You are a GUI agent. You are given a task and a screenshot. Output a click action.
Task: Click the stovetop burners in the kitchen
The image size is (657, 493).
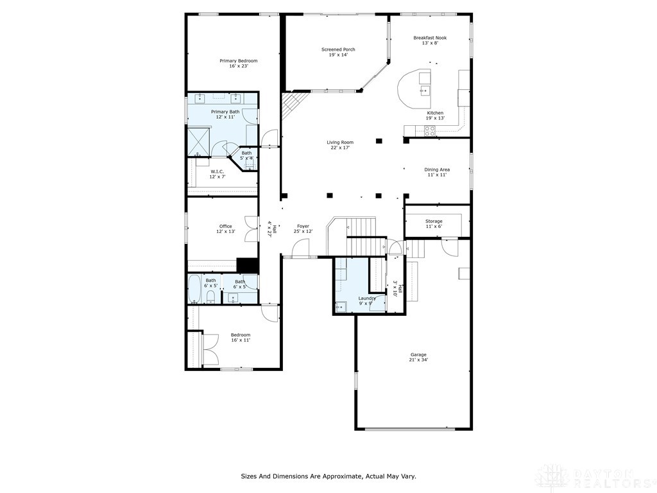click(x=429, y=130)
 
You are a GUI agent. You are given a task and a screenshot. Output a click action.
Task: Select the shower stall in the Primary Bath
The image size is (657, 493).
click(x=199, y=141)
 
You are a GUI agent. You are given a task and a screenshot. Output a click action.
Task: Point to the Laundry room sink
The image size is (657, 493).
click(x=341, y=306)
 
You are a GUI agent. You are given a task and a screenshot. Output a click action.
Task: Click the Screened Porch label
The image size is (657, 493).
click(x=338, y=49)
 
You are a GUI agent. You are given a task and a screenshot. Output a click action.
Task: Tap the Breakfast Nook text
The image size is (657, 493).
click(x=430, y=38)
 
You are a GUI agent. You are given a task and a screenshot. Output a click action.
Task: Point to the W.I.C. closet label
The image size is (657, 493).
click(x=217, y=171)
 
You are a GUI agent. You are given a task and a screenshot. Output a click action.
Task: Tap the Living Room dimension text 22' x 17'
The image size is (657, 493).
click(x=340, y=148)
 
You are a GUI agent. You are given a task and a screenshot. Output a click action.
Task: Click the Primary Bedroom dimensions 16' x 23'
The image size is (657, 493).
click(x=238, y=66)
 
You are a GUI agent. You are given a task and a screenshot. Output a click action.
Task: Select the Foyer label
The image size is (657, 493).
click(x=303, y=226)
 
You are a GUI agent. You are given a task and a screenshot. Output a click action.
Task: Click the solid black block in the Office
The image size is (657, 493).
click(x=246, y=265)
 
